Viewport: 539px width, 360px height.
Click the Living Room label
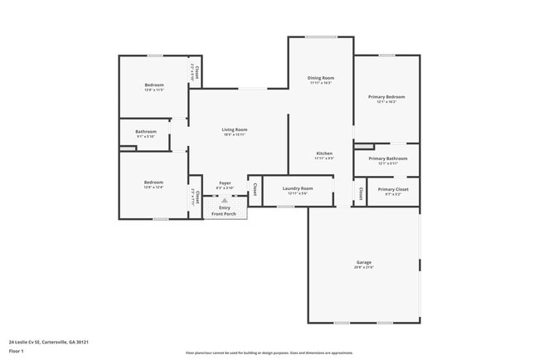(234, 129)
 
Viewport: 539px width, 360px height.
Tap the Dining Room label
(321, 78)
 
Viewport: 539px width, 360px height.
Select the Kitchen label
(323, 153)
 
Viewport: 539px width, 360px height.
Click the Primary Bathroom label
(387, 158)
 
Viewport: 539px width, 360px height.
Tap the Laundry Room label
(298, 188)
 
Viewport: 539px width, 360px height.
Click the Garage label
(364, 263)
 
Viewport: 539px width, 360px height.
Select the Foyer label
(225, 182)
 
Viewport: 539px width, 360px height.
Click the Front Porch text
(224, 214)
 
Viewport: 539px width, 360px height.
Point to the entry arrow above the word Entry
(224, 201)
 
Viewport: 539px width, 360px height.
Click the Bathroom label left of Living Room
(146, 131)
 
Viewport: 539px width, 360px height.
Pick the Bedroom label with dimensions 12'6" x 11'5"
(154, 85)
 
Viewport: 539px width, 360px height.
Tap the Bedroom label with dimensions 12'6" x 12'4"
(153, 182)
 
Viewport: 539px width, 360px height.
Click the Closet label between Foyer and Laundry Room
(255, 189)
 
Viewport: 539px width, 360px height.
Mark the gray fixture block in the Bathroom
(127, 148)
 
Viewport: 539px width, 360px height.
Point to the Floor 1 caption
(16, 352)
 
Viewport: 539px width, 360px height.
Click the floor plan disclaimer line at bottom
(269, 352)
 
